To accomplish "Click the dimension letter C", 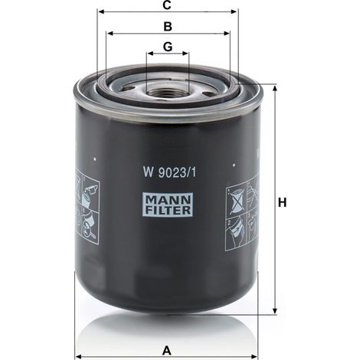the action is (x=167, y=5).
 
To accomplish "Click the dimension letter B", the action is (x=168, y=27).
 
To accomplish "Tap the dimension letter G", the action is (x=168, y=47).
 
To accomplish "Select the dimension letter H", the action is (x=282, y=203).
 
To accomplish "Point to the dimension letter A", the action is (x=167, y=351).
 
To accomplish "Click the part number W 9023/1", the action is (x=169, y=172).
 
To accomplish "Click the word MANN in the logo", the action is (x=168, y=201).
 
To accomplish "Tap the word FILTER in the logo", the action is (x=168, y=210).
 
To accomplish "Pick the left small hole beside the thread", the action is (x=127, y=89).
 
